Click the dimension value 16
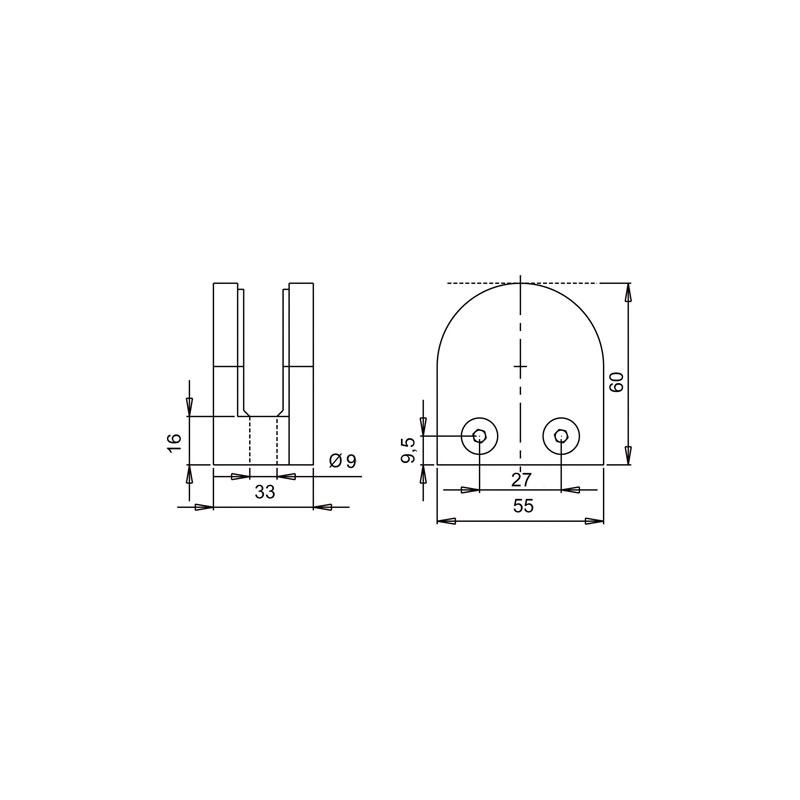point(174,441)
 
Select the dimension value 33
point(265,492)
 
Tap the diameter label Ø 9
point(343,461)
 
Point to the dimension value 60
point(616,382)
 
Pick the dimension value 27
point(521,480)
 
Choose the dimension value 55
point(523,506)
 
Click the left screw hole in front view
point(480,436)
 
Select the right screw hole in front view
point(561,436)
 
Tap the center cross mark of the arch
point(520,366)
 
